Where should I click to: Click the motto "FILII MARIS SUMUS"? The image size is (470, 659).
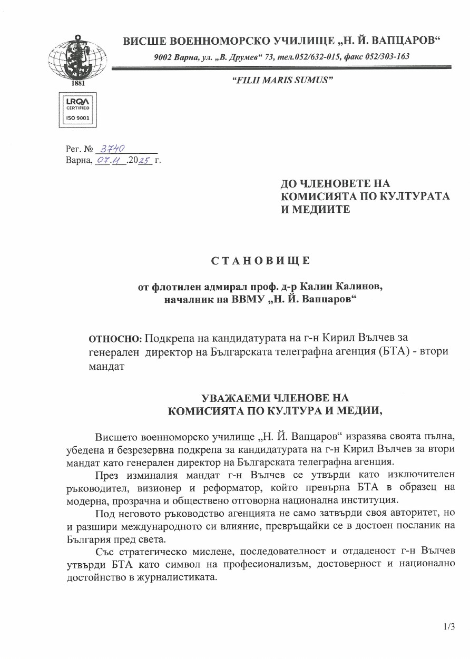coord(282,79)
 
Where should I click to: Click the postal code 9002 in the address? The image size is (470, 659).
coord(163,56)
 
